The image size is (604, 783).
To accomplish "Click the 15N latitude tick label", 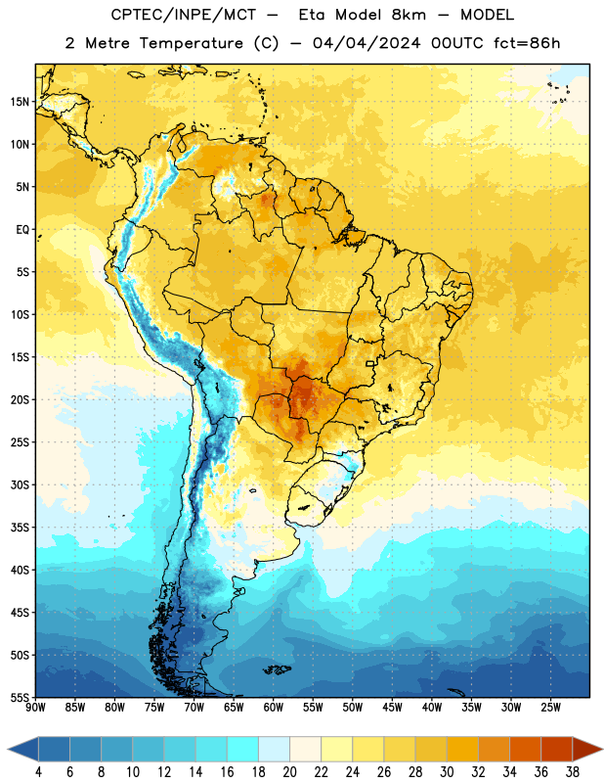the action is pos(20,102).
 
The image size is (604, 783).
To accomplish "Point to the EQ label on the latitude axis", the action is pos(22,230).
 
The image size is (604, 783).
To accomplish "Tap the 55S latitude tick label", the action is pos(20,697).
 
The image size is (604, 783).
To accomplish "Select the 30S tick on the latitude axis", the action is pos(20,484).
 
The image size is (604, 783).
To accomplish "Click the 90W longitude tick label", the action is pos(35,707).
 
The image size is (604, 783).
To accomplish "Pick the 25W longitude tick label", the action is pos(550,707).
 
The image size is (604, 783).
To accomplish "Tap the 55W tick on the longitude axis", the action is pos(313,707).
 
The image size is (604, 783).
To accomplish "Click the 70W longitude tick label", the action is pos(194,707).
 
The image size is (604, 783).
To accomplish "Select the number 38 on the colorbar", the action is pos(573,772).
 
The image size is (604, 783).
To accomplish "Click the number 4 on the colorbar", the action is pos(38,772).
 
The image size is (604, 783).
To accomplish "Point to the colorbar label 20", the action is pos(289,772).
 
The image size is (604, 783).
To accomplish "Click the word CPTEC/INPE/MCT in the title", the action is pos(183,16).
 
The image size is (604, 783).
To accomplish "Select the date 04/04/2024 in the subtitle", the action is pos(367,43).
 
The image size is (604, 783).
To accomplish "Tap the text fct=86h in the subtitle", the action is pos(527,43).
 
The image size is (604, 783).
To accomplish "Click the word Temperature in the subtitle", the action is pos(192,44).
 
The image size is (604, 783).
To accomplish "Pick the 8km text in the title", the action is pos(409,15).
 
